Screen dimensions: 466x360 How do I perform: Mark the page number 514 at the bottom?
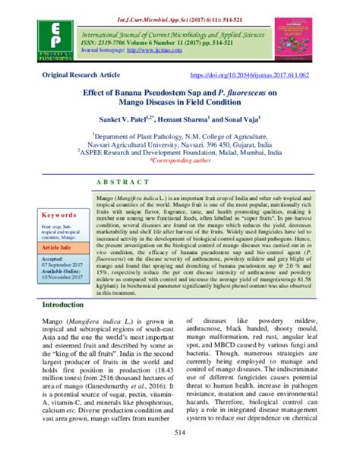click(180, 452)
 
